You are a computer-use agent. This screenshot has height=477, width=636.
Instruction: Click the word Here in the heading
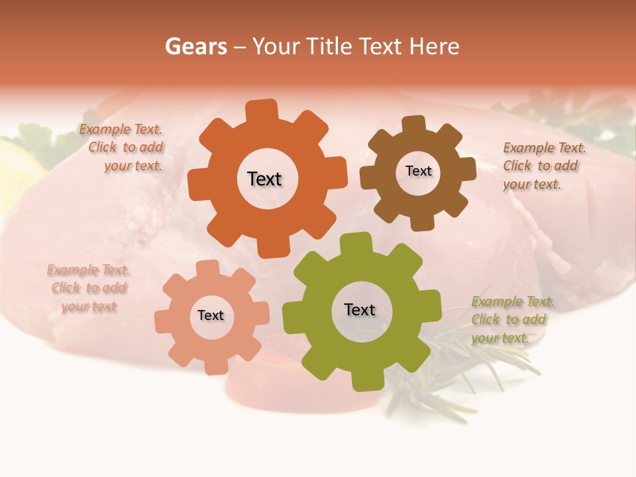point(434,46)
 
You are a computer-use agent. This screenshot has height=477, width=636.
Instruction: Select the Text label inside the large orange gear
point(264,179)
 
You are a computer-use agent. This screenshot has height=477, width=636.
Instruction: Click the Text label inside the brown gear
point(418,171)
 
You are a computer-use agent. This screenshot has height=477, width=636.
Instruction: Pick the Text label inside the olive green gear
point(360,309)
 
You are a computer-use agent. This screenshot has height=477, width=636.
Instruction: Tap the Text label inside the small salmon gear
point(211,315)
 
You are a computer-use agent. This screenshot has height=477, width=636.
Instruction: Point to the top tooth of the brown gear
point(414,125)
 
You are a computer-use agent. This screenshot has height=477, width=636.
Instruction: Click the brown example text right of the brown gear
point(543,166)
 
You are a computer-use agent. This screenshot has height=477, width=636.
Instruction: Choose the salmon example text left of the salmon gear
point(89,288)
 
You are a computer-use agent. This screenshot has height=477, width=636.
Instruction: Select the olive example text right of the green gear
point(511,319)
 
